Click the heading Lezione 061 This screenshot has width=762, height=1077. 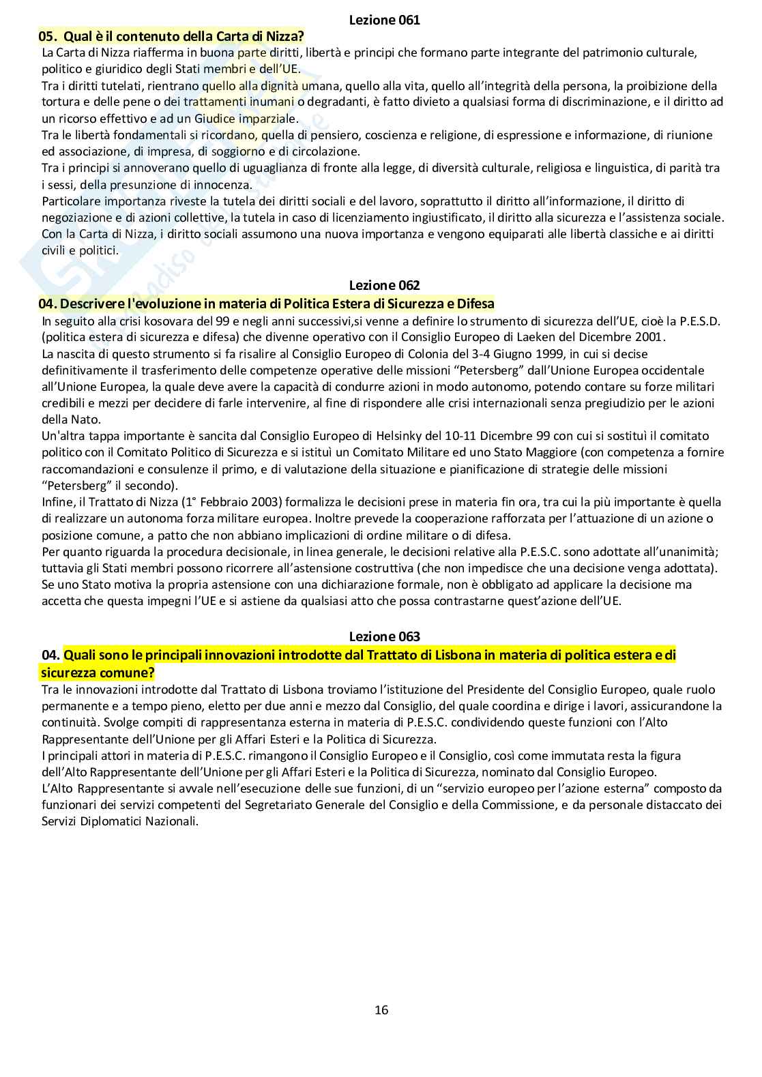384,20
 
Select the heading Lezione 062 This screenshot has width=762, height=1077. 384,286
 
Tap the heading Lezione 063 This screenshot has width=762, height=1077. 384,636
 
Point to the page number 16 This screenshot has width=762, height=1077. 381,1010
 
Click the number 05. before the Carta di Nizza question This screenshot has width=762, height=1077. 49,36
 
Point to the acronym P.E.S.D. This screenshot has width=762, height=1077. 699,321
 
